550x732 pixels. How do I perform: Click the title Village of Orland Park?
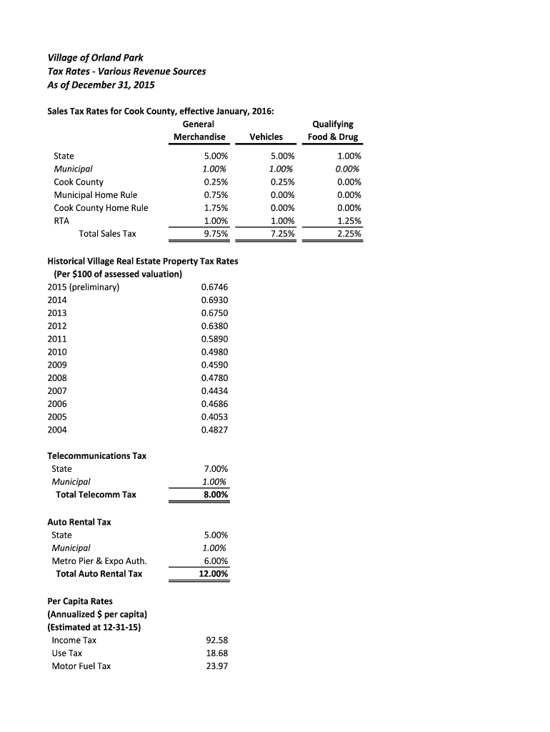click(x=95, y=57)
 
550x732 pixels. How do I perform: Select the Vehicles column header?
click(x=266, y=137)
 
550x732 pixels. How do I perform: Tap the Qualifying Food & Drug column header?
click(x=332, y=131)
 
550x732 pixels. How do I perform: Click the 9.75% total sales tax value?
click(x=214, y=234)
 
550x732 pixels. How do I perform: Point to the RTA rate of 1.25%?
click(x=349, y=221)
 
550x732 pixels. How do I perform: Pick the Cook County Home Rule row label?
click(x=101, y=208)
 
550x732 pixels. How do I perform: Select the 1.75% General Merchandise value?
click(x=214, y=208)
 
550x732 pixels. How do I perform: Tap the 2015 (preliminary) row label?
click(x=83, y=287)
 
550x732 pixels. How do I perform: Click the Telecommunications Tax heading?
click(x=96, y=456)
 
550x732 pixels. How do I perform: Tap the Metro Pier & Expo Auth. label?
click(x=99, y=560)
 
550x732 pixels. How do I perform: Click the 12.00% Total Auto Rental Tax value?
click(x=213, y=574)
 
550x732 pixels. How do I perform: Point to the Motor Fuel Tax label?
click(x=81, y=666)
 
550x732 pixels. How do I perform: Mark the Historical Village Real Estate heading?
click(x=142, y=262)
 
